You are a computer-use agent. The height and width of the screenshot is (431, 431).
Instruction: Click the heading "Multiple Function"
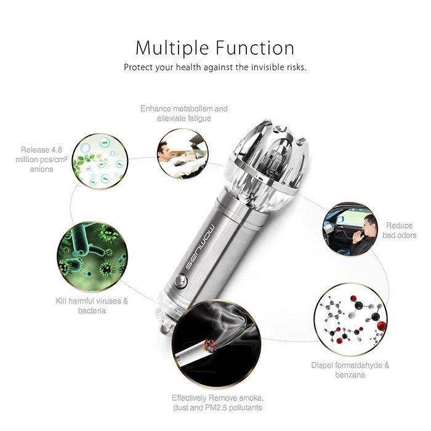point(215,47)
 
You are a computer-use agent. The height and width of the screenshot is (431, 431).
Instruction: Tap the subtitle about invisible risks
point(215,66)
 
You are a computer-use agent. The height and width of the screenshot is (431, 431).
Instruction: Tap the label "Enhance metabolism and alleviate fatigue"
point(183,113)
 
